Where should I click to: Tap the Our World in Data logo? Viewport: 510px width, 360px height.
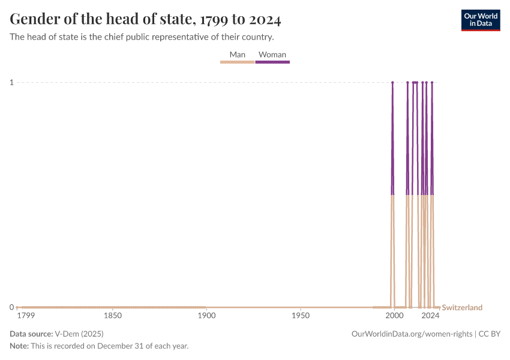point(480,20)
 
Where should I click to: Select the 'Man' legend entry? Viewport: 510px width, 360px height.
point(238,55)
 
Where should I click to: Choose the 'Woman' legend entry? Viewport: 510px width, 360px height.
point(272,55)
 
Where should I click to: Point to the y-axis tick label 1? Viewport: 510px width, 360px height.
point(11,82)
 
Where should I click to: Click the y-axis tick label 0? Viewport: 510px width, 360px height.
point(11,307)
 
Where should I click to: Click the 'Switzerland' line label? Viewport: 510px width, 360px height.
point(462,308)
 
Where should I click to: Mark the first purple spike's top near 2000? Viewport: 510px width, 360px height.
point(392,83)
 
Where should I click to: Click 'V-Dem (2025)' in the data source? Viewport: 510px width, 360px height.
point(78,334)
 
